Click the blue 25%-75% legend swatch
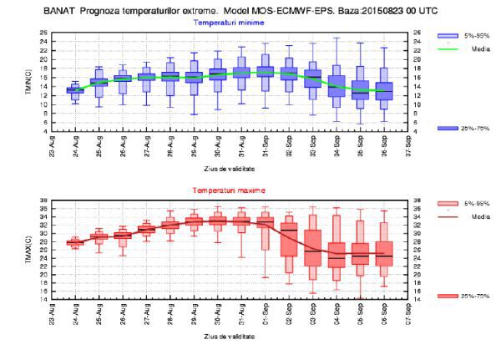pyautogui.click(x=448, y=127)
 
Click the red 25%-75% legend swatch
pyautogui.click(x=448, y=297)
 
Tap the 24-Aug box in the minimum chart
pyautogui.click(x=75, y=89)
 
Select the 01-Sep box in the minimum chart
pyautogui.click(x=266, y=72)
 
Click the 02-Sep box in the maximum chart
pyautogui.click(x=289, y=248)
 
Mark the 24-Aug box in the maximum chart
pyautogui.click(x=75, y=242)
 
